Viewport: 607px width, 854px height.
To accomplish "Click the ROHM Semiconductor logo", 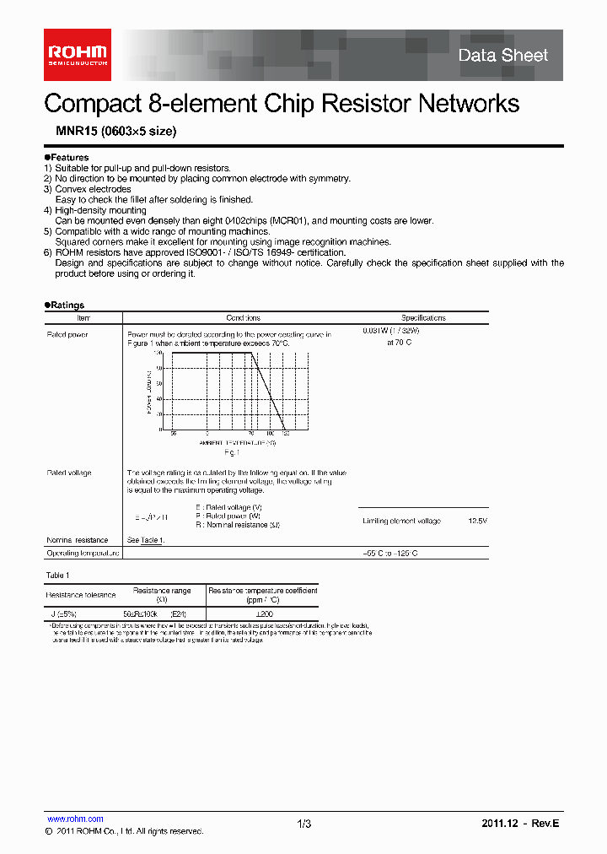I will point(77,56).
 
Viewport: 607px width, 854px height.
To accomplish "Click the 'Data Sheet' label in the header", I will point(502,56).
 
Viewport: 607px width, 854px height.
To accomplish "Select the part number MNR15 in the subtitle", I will point(71,132).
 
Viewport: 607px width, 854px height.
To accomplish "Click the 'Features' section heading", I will point(68,158).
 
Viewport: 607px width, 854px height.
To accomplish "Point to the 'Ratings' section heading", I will point(67,305).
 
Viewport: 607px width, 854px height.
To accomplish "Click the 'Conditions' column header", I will point(243,318).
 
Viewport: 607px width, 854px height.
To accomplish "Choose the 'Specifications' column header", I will point(423,318).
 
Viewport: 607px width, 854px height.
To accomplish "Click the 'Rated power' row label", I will point(67,334).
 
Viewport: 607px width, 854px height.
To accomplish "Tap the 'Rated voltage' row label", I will point(69,473).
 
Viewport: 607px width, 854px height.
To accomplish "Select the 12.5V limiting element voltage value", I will point(477,522).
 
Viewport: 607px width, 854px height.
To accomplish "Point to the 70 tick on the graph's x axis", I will point(250,433).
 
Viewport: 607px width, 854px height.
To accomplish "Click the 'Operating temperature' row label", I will point(83,553).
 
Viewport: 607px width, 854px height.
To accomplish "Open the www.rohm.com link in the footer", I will point(75,819).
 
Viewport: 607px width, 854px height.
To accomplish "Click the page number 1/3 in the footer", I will point(304,824).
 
